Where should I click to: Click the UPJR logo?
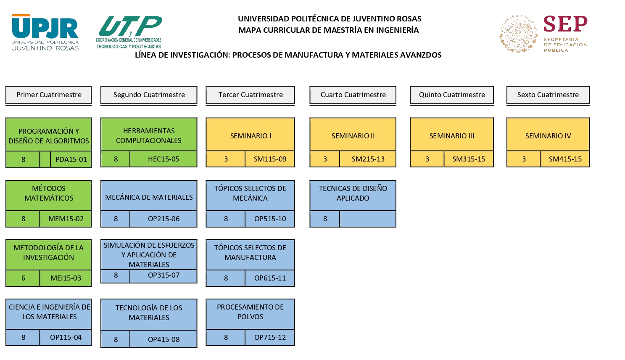(x=45, y=32)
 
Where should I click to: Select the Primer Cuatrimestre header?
(x=49, y=95)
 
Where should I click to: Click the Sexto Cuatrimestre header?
(x=548, y=95)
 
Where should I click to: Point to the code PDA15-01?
(x=71, y=160)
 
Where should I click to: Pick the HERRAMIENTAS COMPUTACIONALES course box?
(x=149, y=135)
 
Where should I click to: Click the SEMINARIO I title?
(x=251, y=136)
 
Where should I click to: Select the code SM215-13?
(x=368, y=159)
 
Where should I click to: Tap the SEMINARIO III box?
(x=451, y=136)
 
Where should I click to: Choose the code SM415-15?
(x=565, y=159)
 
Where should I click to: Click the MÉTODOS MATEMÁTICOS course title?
(x=49, y=193)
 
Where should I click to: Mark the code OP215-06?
(x=164, y=219)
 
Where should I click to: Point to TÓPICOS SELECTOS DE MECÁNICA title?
(x=250, y=193)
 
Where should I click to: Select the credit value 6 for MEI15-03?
(x=23, y=278)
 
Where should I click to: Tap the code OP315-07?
(x=164, y=275)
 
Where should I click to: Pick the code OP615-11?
(x=270, y=278)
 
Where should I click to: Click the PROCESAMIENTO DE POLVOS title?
(x=250, y=312)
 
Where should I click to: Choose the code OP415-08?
(x=164, y=340)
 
